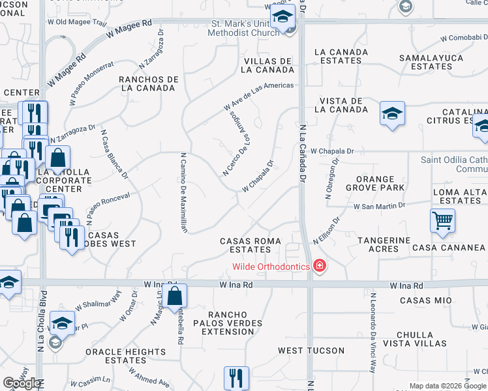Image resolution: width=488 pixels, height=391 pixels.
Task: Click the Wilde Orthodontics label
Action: (271, 266)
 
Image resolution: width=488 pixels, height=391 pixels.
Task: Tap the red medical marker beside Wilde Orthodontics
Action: (319, 266)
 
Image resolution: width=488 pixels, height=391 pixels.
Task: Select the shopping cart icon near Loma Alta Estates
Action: (442, 221)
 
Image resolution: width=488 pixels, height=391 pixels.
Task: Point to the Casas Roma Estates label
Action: (251, 245)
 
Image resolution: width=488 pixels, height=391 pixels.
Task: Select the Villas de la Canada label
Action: (268, 65)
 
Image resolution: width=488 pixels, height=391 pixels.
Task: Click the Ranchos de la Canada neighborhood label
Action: (149, 83)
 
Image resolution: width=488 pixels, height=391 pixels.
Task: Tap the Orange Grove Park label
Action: (375, 183)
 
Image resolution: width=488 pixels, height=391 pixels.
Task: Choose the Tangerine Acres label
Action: (384, 244)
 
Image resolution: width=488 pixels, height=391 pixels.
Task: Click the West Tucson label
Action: (311, 351)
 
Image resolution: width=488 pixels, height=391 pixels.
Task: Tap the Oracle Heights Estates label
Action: (125, 356)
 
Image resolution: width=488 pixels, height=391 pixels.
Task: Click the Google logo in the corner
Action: (22, 383)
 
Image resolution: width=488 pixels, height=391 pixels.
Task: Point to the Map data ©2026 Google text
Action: (447, 386)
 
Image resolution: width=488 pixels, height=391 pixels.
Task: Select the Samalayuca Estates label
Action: (432, 62)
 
